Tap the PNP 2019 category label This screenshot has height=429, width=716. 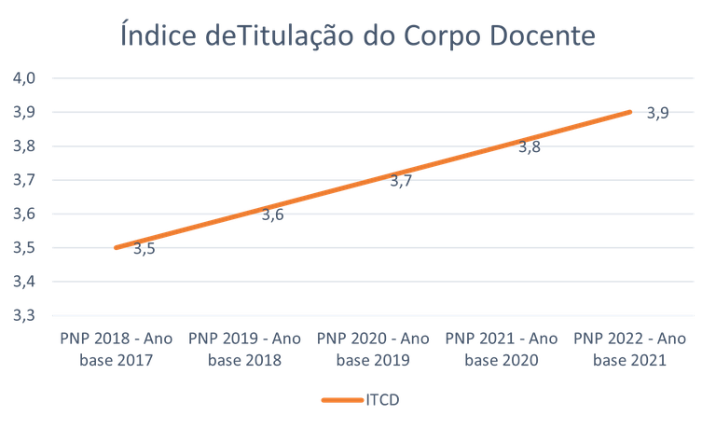(245, 348)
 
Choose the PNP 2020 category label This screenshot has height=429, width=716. (373, 348)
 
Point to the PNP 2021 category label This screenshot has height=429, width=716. (502, 348)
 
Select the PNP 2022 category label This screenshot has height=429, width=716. (630, 348)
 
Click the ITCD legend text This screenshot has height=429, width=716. (384, 399)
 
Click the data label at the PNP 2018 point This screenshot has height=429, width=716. (145, 250)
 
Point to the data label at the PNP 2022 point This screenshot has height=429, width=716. (658, 114)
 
